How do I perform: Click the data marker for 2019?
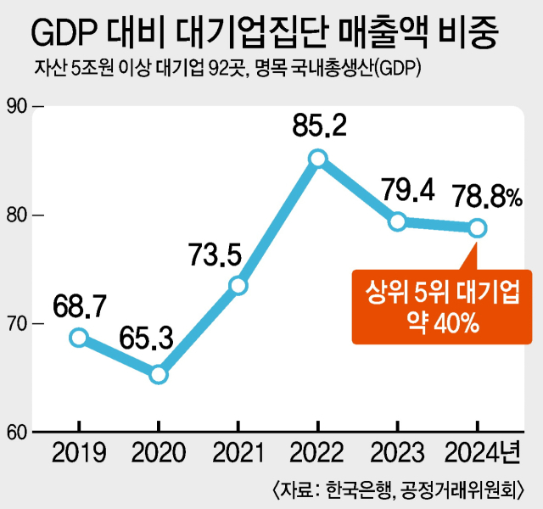(78, 338)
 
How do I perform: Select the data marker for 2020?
(159, 374)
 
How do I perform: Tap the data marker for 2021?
(238, 285)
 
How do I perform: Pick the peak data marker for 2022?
(318, 158)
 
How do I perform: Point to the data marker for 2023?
(398, 221)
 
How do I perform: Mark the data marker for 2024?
(478, 227)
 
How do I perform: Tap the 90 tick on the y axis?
(18, 106)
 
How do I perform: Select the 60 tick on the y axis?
(18, 433)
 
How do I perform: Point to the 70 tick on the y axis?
(18, 324)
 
